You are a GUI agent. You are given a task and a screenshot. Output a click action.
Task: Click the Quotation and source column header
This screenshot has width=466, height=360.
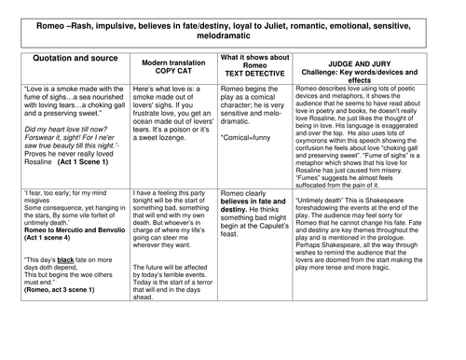coord(75,58)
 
